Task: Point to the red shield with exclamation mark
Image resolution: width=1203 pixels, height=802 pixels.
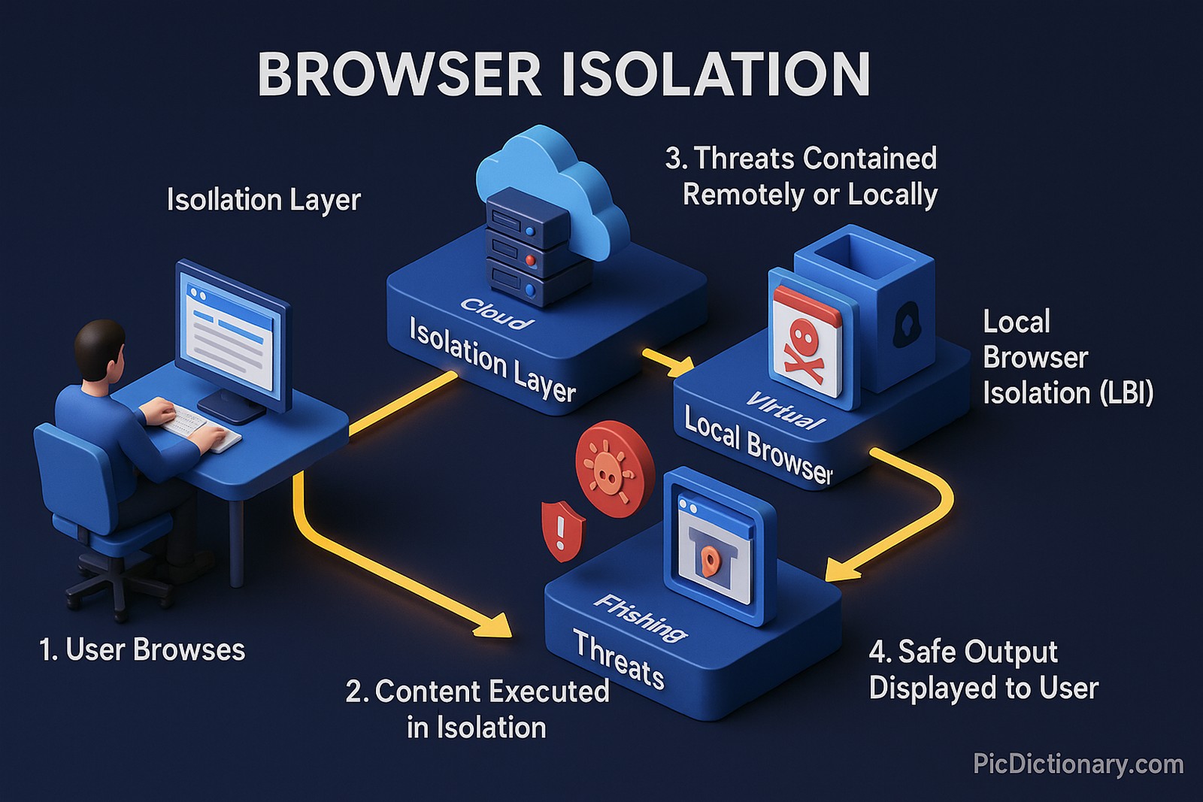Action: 561,529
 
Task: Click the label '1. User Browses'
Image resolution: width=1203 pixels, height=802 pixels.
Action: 142,649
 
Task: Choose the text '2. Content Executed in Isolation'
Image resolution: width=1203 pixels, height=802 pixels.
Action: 477,709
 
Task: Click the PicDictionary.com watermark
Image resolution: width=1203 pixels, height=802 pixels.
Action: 1077,764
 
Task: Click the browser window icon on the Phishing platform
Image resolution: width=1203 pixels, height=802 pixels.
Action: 714,549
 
